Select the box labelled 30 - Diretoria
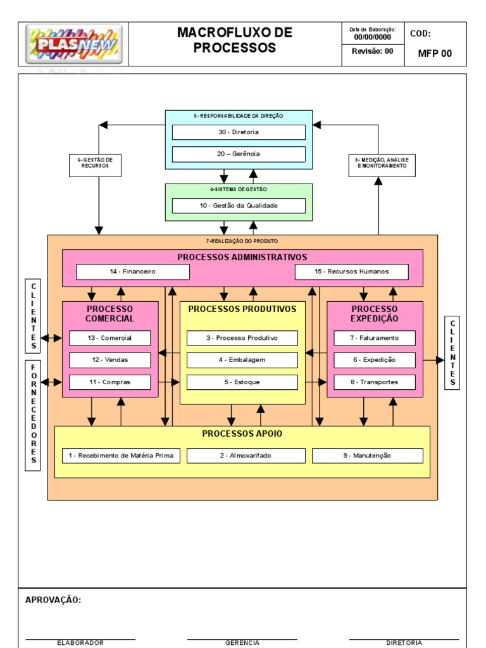(x=239, y=132)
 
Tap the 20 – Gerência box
(x=239, y=154)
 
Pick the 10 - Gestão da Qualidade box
(x=239, y=206)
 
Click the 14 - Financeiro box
(x=132, y=271)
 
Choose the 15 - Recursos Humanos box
(x=351, y=271)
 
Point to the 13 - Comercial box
(x=110, y=338)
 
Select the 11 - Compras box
(x=110, y=382)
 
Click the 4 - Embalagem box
(x=242, y=360)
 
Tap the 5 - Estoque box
(x=242, y=382)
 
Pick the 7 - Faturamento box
(x=375, y=338)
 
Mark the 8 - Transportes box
(x=375, y=382)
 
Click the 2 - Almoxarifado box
(x=246, y=456)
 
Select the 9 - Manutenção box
(x=367, y=456)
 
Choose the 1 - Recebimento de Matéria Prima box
(x=121, y=456)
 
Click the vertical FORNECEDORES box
(x=34, y=416)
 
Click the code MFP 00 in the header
(x=435, y=53)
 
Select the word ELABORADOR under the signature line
(x=80, y=642)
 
